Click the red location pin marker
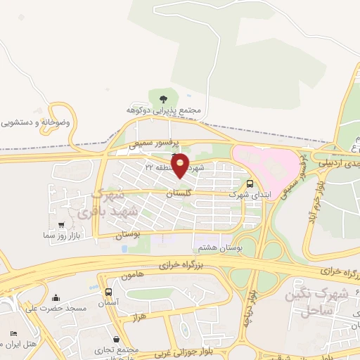[x=180, y=165]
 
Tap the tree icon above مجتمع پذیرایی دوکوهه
[x=164, y=98]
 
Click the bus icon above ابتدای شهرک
[x=250, y=184]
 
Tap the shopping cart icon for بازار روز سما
[x=62, y=226]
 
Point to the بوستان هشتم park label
[x=220, y=247]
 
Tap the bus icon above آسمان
[x=108, y=291]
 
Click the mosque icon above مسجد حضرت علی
[x=56, y=297]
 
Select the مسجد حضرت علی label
[x=56, y=308]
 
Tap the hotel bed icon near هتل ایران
[x=13, y=333]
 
